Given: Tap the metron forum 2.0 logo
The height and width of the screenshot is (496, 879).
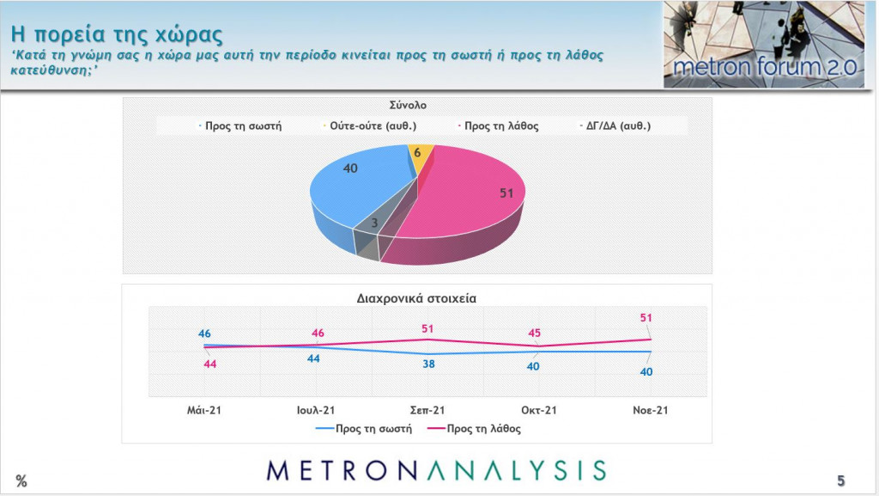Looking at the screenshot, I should click(764, 45).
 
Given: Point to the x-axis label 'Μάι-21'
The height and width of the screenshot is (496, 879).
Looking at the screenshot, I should click(204, 411).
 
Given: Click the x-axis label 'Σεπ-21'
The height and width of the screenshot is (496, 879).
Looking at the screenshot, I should click(427, 411).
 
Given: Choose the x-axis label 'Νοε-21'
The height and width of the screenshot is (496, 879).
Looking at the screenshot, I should click(650, 411).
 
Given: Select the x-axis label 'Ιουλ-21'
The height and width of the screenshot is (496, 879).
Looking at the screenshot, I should click(315, 411).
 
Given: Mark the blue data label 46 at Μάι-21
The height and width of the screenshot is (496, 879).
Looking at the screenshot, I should click(204, 333).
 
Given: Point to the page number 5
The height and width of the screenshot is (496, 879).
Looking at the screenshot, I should click(840, 480).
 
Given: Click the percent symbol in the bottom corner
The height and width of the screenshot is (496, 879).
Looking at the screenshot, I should click(21, 481).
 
